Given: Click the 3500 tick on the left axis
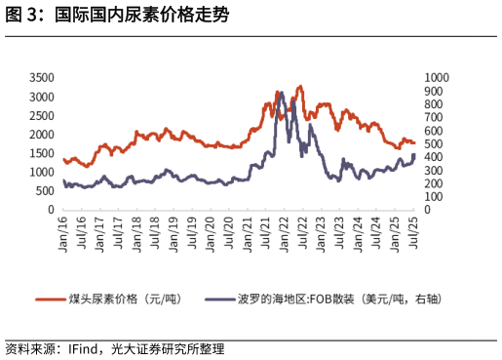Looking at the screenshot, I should click(x=41, y=77).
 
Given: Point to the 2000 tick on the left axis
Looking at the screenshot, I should click(x=41, y=134).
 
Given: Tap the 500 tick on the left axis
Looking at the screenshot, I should click(x=45, y=190).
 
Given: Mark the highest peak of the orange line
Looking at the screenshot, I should click(x=300, y=86).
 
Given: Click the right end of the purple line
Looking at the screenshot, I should click(x=414, y=154).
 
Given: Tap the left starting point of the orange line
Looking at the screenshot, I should click(x=63, y=159).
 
